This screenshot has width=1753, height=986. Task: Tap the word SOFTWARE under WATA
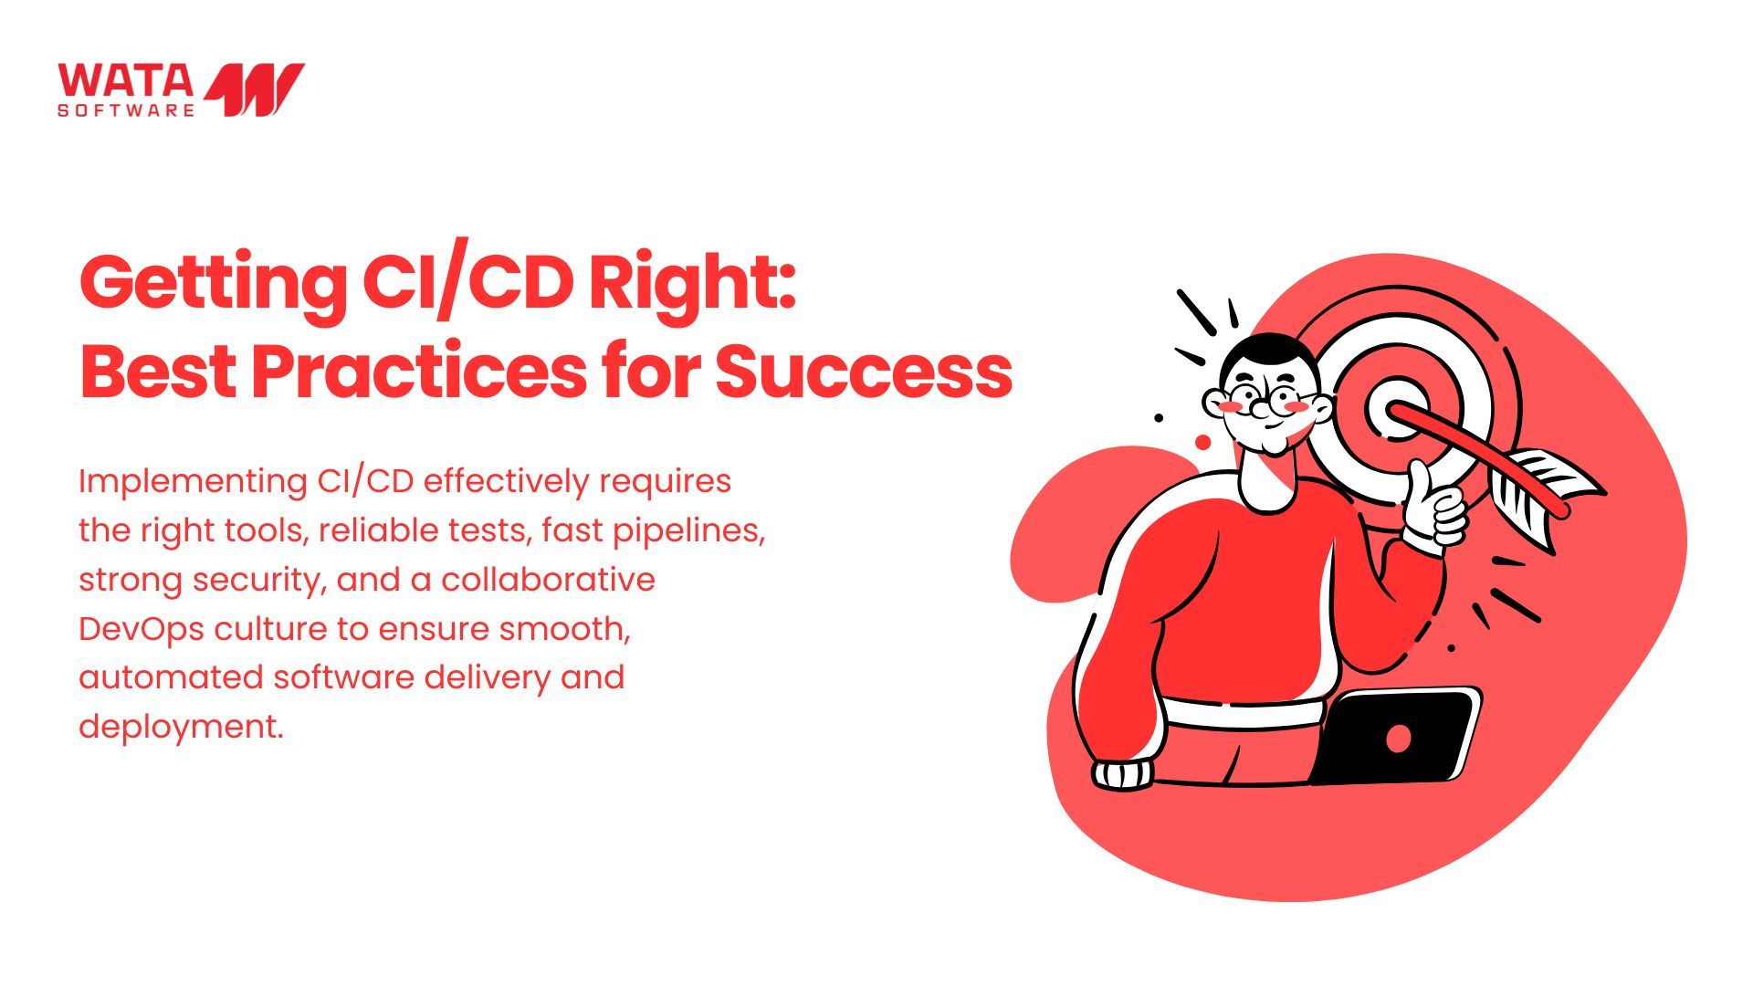tap(126, 110)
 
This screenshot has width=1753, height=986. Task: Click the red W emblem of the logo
tap(254, 89)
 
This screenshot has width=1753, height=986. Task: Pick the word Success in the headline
tap(864, 372)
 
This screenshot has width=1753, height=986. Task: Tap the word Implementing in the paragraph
tap(193, 482)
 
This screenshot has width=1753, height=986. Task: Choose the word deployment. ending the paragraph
tap(181, 728)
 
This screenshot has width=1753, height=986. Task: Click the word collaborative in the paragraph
tap(548, 580)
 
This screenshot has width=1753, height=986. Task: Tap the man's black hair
tap(1271, 353)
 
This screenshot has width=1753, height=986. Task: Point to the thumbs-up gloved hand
tap(1433, 508)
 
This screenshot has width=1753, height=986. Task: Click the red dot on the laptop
tap(1398, 738)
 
